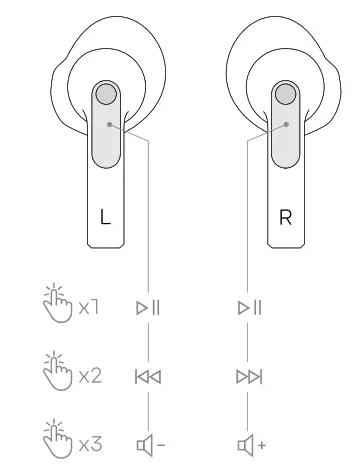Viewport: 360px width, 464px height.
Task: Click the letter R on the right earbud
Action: point(286,219)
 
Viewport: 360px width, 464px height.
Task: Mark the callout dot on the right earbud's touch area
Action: point(287,126)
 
